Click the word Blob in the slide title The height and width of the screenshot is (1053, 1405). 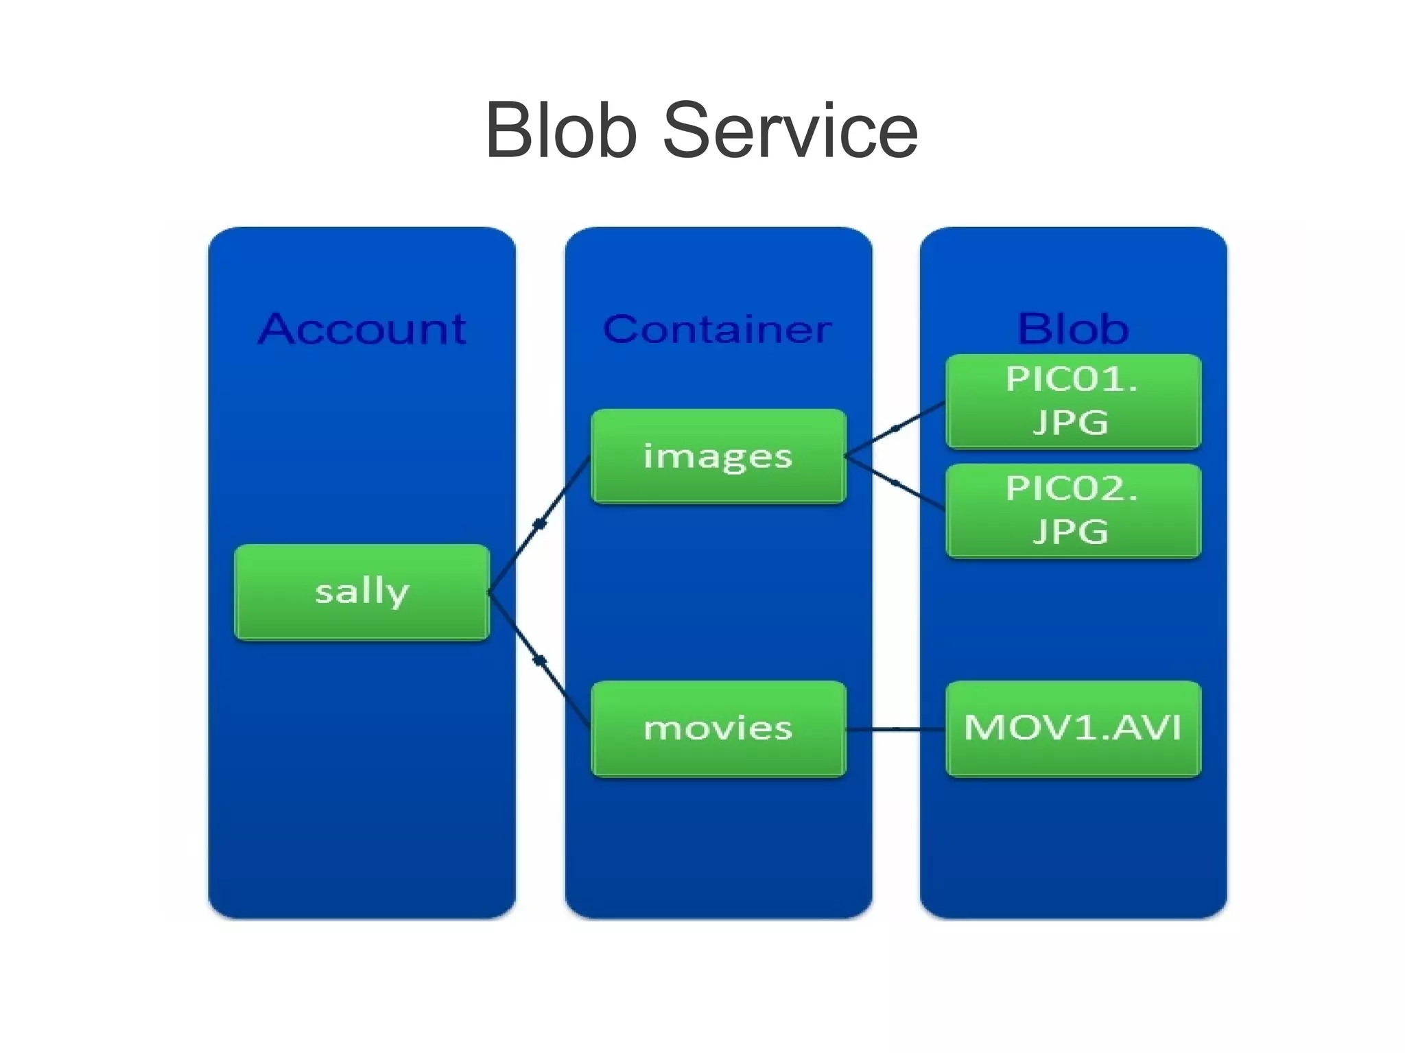pyautogui.click(x=561, y=130)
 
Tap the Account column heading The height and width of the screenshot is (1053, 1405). pyautogui.click(x=362, y=329)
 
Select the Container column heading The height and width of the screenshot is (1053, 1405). pyautogui.click(x=718, y=329)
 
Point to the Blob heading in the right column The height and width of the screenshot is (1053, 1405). pyautogui.click(x=1073, y=329)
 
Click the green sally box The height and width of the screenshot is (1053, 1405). pyautogui.click(x=362, y=592)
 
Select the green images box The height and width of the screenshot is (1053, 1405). pyautogui.click(x=718, y=456)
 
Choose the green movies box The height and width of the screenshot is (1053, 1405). pyautogui.click(x=718, y=729)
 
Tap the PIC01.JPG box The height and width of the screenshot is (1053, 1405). pyautogui.click(x=1073, y=401)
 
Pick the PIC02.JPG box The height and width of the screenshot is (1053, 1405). pyautogui.click(x=1073, y=511)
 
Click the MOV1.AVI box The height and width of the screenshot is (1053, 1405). pyautogui.click(x=1073, y=729)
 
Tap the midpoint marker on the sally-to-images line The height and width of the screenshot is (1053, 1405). pyautogui.click(x=539, y=525)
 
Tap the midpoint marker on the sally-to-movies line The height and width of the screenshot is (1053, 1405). pyautogui.click(x=540, y=661)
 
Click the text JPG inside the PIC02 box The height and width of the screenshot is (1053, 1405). pyautogui.click(x=1070, y=532)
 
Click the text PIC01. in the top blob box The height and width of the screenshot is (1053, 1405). pyautogui.click(x=1072, y=379)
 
